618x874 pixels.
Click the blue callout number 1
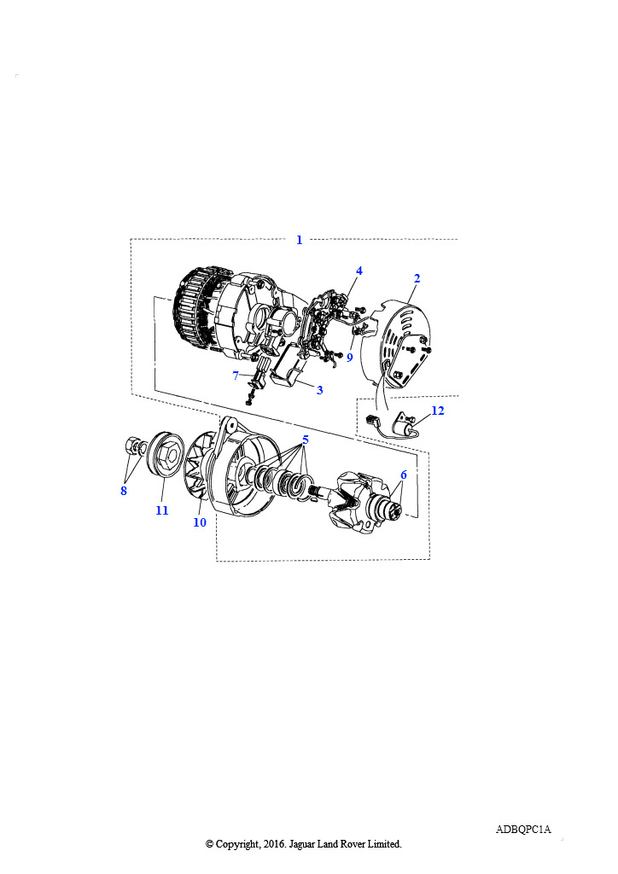click(300, 240)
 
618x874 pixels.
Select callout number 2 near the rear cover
click(417, 278)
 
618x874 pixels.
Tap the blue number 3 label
click(320, 390)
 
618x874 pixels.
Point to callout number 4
click(359, 271)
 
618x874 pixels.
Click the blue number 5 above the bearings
click(306, 440)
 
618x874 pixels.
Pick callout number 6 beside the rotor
click(404, 475)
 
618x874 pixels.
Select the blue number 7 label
click(236, 376)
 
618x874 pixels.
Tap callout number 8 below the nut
click(124, 491)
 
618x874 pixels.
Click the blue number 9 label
click(350, 358)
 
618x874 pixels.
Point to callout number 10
click(200, 522)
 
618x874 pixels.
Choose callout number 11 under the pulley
click(162, 510)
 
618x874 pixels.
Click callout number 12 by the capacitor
click(438, 411)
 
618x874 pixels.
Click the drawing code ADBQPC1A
click(523, 830)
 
